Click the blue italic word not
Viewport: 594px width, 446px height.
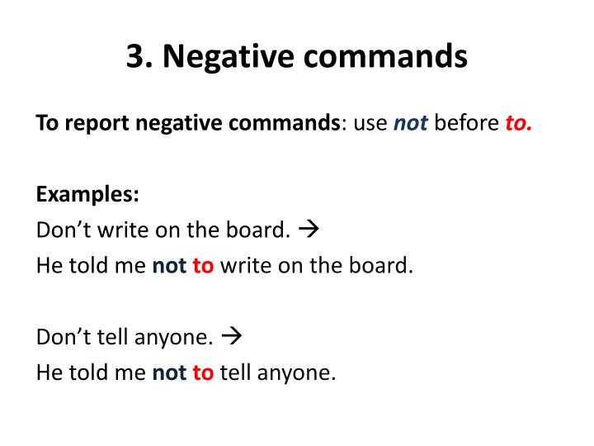click(410, 124)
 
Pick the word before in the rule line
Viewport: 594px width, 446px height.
click(467, 124)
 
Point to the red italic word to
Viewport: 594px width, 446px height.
click(518, 124)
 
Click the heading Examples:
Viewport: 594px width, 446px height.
click(87, 195)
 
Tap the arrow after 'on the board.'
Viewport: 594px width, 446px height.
click(311, 230)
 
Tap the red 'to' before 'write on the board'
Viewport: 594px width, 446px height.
click(203, 266)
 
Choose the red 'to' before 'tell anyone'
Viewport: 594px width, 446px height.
click(203, 373)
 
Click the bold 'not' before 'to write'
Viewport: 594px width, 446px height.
click(169, 266)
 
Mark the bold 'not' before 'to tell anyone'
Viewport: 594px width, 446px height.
click(169, 373)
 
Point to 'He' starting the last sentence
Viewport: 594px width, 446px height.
click(47, 373)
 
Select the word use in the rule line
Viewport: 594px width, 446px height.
click(370, 124)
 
